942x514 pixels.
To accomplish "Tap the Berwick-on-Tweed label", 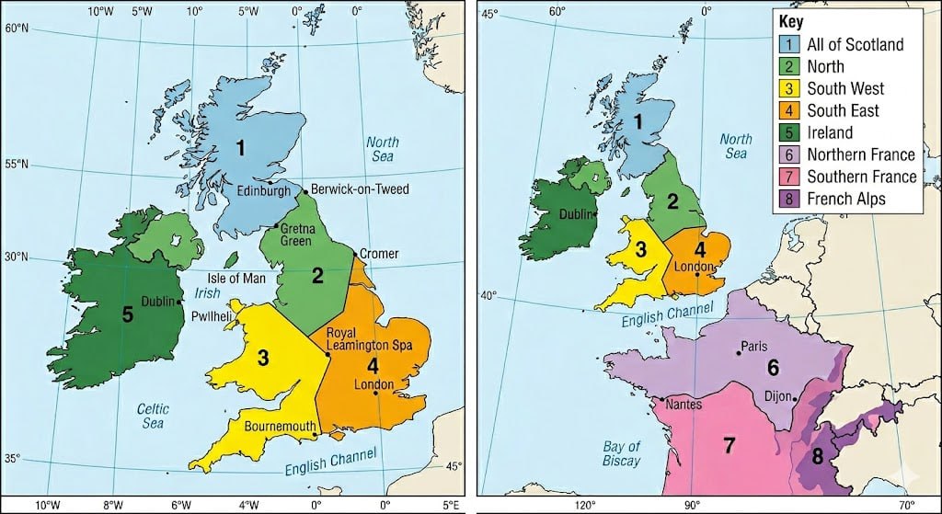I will [x=360, y=189].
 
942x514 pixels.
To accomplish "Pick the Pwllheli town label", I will [x=211, y=314].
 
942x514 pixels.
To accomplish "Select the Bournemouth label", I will [x=280, y=427].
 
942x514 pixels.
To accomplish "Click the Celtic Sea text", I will [x=152, y=415].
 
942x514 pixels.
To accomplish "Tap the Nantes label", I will [x=683, y=405].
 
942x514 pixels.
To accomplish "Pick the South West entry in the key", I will [x=845, y=88].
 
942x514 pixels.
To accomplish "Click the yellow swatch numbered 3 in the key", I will [x=788, y=88].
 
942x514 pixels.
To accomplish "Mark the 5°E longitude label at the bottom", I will [x=451, y=504].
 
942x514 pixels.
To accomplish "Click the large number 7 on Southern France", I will [x=729, y=446].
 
